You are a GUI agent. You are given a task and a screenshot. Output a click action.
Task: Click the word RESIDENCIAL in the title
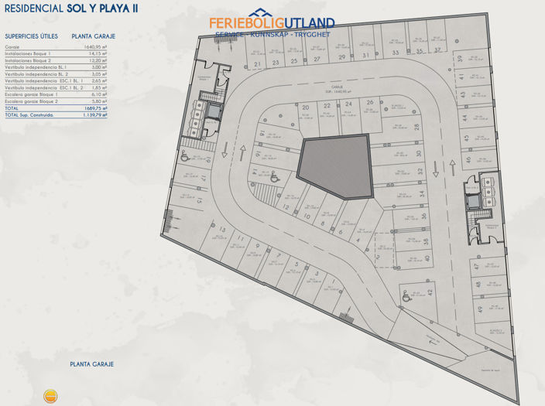(33, 9)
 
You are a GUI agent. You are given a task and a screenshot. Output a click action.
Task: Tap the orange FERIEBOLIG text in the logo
(243, 24)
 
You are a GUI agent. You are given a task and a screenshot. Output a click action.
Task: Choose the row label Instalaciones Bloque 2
(28, 60)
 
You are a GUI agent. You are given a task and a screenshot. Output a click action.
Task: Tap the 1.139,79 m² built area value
(93, 114)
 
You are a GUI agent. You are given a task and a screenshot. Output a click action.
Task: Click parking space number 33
(395, 53)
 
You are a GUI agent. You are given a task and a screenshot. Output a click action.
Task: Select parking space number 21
(257, 64)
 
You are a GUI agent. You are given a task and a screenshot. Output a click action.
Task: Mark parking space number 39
(460, 59)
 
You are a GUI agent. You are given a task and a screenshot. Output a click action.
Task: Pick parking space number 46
(468, 160)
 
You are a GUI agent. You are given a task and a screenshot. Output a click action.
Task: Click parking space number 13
(223, 230)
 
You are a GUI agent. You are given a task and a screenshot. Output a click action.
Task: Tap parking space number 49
(480, 309)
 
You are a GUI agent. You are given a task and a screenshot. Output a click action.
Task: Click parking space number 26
(370, 102)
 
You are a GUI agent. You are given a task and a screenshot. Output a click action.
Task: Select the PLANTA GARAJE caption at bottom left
(91, 363)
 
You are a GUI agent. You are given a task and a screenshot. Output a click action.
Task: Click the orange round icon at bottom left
(50, 396)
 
